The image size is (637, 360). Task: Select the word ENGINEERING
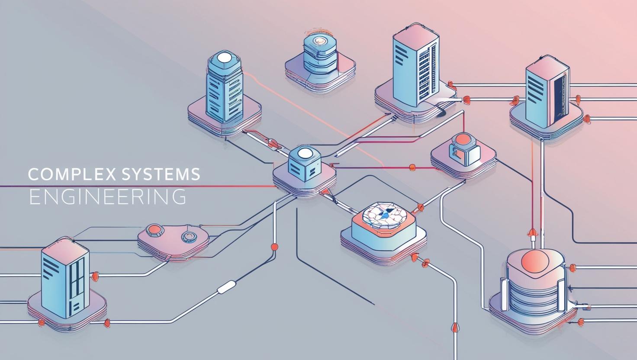coord(108,196)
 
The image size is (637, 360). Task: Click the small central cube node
coord(305,167)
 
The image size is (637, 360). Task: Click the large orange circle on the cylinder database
coord(535,261)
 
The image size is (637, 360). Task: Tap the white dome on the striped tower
coord(225,58)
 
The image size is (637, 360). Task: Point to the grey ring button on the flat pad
coord(188,236)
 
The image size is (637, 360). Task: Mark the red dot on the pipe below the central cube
coord(273,247)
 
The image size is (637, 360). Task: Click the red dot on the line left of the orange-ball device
coord(412,166)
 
